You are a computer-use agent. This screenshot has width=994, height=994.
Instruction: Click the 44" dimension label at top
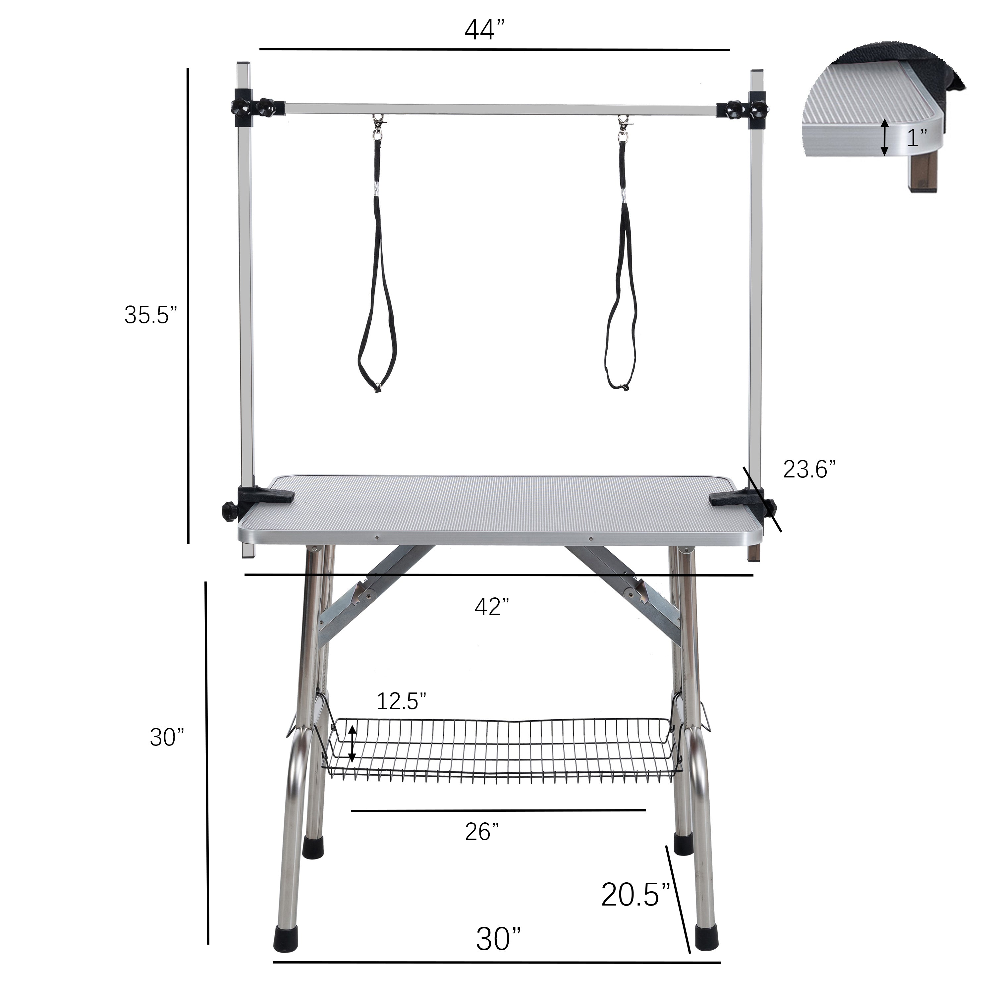pyautogui.click(x=486, y=30)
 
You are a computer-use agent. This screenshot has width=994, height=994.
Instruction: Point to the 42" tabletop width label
pyautogui.click(x=492, y=607)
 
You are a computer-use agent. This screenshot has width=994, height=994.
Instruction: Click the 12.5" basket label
pyautogui.click(x=401, y=701)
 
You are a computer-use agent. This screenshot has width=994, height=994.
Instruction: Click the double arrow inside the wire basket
pyautogui.click(x=352, y=744)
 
